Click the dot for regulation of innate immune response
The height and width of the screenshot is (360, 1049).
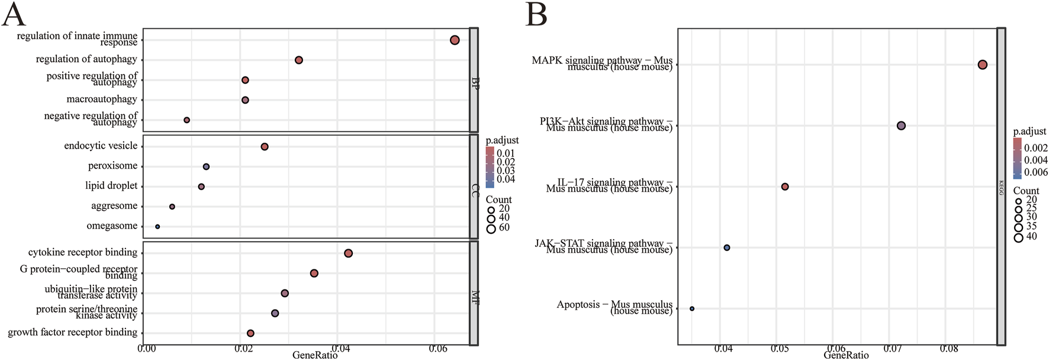point(455,40)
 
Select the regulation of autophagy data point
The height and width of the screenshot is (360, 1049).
point(299,60)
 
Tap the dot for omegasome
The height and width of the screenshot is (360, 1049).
point(157,227)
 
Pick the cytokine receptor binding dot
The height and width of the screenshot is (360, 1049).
point(348,253)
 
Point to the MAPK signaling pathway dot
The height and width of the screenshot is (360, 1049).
point(983,65)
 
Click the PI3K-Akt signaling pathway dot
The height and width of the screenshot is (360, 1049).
point(901,126)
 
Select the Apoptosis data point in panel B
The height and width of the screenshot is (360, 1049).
point(692,308)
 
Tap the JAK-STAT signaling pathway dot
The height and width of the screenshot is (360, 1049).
point(727,247)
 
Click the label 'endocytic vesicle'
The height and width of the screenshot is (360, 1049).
point(101,146)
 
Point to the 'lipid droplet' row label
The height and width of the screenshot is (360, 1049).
point(111,186)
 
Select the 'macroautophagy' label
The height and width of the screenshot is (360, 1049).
point(102,99)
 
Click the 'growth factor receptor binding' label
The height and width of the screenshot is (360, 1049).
point(72,332)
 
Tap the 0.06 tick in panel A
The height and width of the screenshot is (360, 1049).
point(438,349)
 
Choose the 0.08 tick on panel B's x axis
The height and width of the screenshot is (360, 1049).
point(948,349)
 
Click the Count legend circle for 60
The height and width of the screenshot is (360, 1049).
point(491,228)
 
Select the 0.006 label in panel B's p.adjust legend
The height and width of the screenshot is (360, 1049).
point(1036,172)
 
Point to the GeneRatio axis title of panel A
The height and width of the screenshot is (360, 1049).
point(315,355)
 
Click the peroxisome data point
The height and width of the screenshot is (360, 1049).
point(206,167)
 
